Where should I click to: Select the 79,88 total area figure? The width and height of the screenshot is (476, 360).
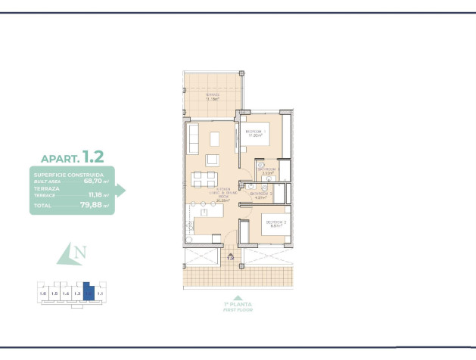[x=96, y=205]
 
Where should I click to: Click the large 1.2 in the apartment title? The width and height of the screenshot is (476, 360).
[x=93, y=157]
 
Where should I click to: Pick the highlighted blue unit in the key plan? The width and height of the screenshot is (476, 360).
[x=89, y=291]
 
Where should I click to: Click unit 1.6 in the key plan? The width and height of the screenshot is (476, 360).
[x=43, y=293]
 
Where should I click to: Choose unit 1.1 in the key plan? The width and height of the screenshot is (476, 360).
[x=101, y=293]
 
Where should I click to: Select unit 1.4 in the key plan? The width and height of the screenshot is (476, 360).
[x=66, y=293]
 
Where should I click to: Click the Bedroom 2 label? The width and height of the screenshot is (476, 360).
[x=272, y=223]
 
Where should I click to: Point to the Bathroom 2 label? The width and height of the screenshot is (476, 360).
[x=261, y=194]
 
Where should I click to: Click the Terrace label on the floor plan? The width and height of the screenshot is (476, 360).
[x=213, y=97]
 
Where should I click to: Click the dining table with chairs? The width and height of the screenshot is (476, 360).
[x=202, y=179]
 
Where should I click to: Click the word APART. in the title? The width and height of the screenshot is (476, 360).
[x=58, y=159]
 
